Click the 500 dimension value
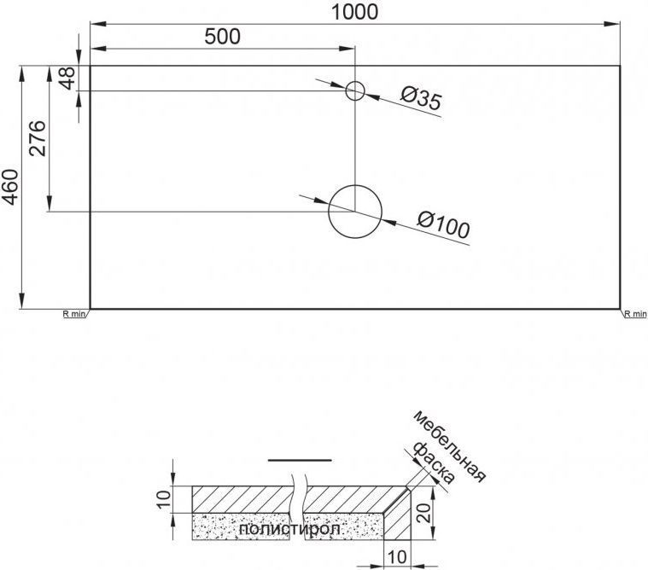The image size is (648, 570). pos(222,36)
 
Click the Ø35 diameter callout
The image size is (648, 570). pos(419,99)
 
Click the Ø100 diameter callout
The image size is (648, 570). pos(444,225)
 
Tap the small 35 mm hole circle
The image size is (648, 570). pos(355,90)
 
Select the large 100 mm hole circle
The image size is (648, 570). pos(355,210)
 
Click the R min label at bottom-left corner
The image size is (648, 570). pos(74,314)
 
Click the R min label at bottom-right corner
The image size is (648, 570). pos(635,314)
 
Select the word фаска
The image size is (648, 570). pos(431,463)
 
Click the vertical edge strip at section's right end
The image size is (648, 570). pos(399,516)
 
